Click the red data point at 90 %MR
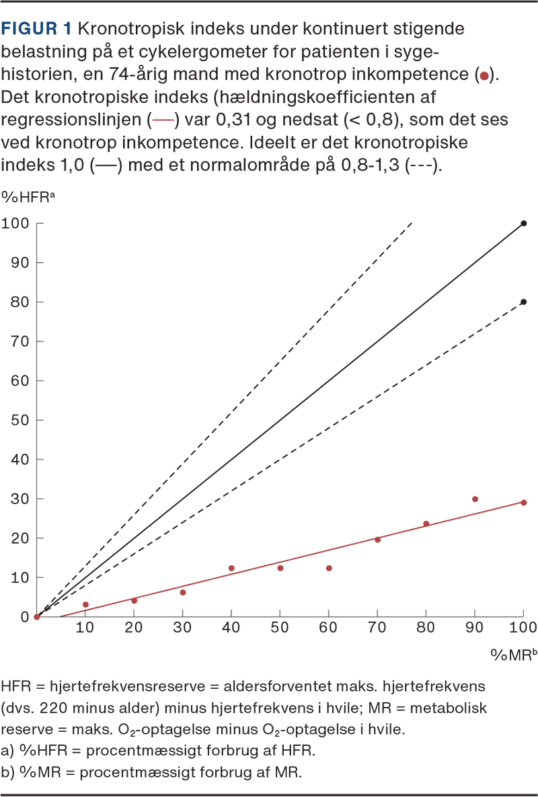pyautogui.click(x=475, y=499)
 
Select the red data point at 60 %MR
pyautogui.click(x=329, y=568)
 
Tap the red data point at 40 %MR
pyautogui.click(x=231, y=568)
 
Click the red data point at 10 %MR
pyautogui.click(x=85, y=605)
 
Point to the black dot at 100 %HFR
pyautogui.click(x=524, y=223)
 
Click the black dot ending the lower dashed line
pyautogui.click(x=524, y=302)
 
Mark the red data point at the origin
pyautogui.click(x=37, y=617)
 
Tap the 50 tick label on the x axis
pyautogui.click(x=280, y=628)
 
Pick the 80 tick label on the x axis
pyautogui.click(x=426, y=628)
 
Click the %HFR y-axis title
pyautogui.click(x=21, y=196)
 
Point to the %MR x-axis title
pyautogui.click(x=510, y=655)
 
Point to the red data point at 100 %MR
pyautogui.click(x=524, y=503)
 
